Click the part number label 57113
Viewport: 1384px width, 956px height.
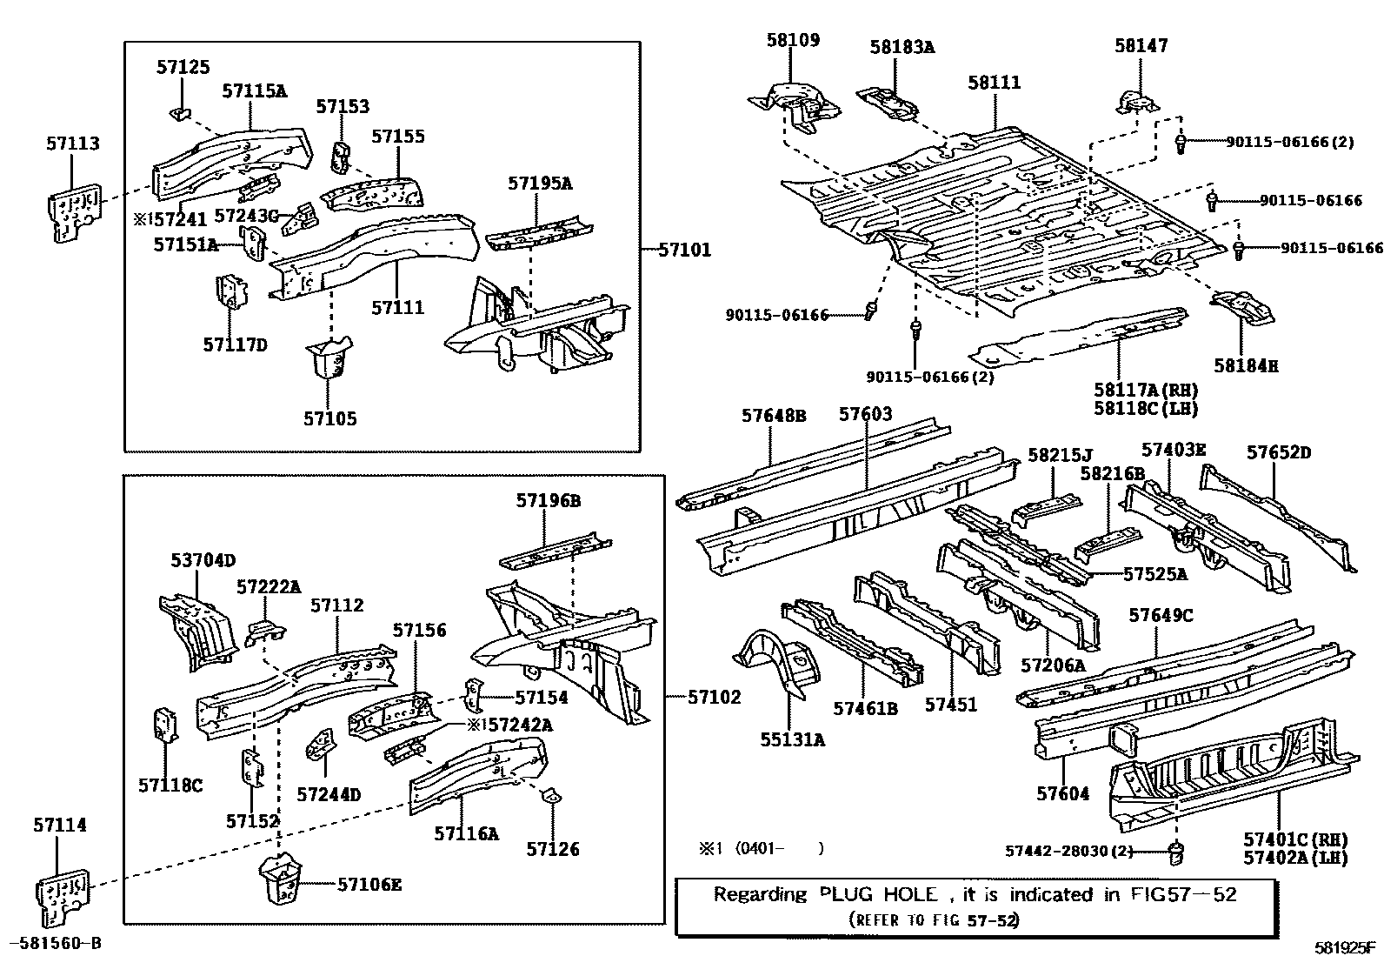pyautogui.click(x=73, y=144)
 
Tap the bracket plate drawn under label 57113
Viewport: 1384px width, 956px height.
pyautogui.click(x=73, y=210)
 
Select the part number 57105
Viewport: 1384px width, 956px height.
pyautogui.click(x=329, y=418)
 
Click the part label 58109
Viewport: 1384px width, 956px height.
pyautogui.click(x=793, y=40)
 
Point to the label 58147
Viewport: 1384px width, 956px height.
pyautogui.click(x=1141, y=45)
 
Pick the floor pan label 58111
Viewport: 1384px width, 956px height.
pyautogui.click(x=995, y=83)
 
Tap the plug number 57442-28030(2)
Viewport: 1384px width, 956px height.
pyautogui.click(x=1069, y=851)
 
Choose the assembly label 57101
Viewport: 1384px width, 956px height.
pyautogui.click(x=684, y=251)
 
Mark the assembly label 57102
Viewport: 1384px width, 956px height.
pyautogui.click(x=715, y=697)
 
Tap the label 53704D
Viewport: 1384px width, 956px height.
pyautogui.click(x=203, y=561)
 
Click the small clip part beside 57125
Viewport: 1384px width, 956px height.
pyautogui.click(x=179, y=112)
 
